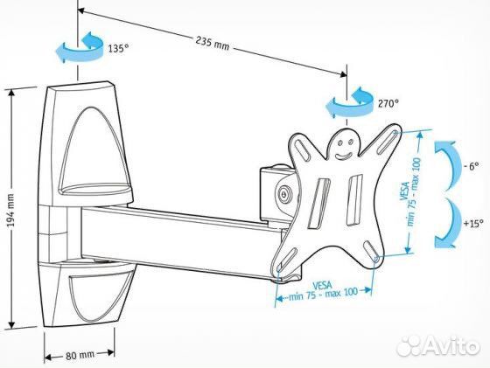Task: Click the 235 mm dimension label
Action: point(213,44)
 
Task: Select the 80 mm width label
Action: point(80,355)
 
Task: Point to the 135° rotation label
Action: point(118,48)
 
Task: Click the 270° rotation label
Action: point(388,103)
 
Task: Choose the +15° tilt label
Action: point(473,223)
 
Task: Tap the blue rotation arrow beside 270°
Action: point(349,102)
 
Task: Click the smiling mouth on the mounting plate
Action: point(343,154)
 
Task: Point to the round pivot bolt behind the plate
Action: point(284,194)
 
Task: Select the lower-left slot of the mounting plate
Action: point(286,260)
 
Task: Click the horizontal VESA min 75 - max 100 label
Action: point(323,290)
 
